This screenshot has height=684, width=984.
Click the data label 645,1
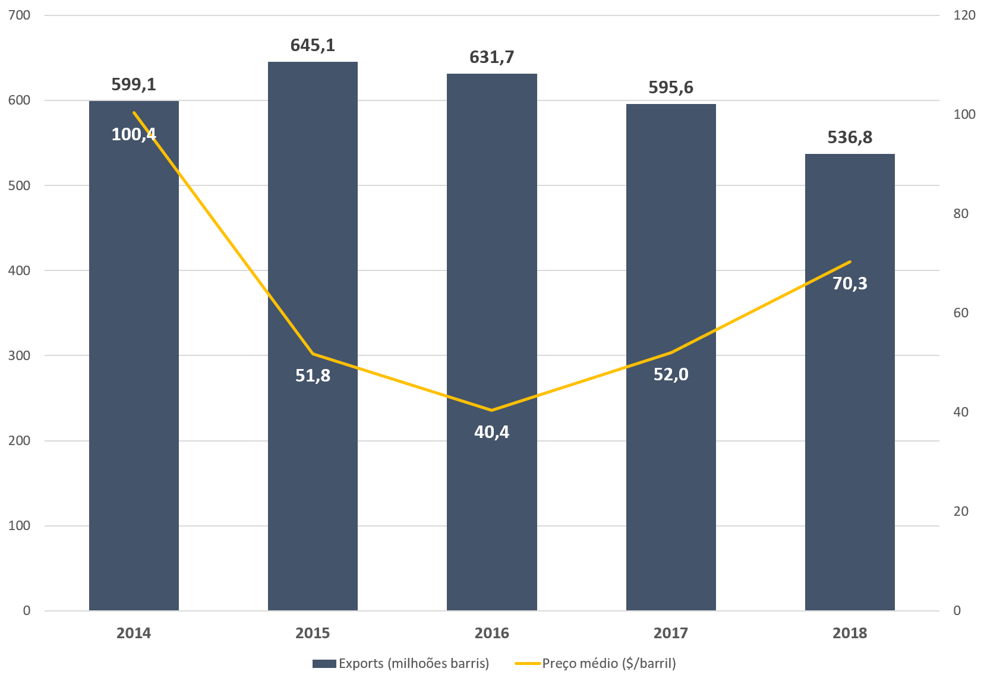tap(313, 45)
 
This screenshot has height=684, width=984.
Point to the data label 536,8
tap(850, 137)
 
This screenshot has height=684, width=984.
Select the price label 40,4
tap(491, 432)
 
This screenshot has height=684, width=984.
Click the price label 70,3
tap(850, 283)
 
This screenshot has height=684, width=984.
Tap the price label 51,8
tap(313, 376)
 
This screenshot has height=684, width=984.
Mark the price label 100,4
tap(134, 134)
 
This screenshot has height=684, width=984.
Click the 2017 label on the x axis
tap(670, 633)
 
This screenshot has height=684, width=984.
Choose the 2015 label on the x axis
tap(313, 633)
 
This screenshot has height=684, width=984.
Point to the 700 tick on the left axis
tap(20, 15)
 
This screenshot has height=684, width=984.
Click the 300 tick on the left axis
tap(20, 355)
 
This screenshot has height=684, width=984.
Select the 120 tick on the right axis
tap(964, 15)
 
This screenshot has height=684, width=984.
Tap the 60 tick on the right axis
tap(961, 313)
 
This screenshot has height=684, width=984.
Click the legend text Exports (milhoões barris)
tap(414, 663)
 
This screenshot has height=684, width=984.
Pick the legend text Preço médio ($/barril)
tap(609, 663)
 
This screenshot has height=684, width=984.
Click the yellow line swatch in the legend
tap(527, 663)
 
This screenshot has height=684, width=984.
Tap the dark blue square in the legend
tap(324, 664)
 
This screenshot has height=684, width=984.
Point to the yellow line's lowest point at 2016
tap(491, 410)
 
